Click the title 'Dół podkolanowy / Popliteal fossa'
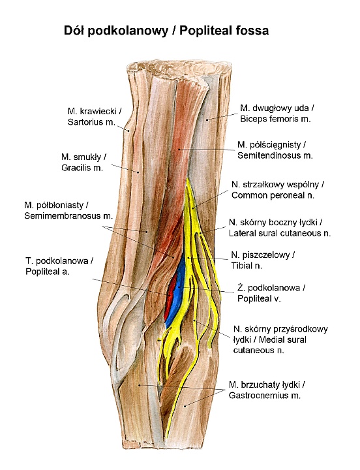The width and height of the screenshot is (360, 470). click(x=166, y=31)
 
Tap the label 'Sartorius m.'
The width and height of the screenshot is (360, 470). click(x=91, y=122)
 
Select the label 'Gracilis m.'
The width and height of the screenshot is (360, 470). click(x=82, y=168)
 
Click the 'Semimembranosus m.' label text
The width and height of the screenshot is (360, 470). click(x=68, y=216)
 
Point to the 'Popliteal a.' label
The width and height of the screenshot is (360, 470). click(x=48, y=272)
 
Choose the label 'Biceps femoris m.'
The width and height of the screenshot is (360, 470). click(x=275, y=119)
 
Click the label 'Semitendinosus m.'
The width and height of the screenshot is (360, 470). click(x=275, y=156)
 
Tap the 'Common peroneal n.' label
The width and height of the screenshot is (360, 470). click(x=273, y=195)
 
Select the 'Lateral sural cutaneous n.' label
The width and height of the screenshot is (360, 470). click(x=280, y=233)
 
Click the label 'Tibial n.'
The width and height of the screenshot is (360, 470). click(x=247, y=266)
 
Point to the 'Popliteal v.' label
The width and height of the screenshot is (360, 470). click(x=259, y=299)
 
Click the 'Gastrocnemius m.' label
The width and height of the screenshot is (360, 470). click(x=265, y=396)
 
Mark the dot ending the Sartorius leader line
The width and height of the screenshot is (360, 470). click(x=128, y=131)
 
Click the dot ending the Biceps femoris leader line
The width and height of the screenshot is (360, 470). click(x=207, y=119)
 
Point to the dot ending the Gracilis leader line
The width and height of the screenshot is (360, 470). click(x=138, y=172)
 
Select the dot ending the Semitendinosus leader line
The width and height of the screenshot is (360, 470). click(x=179, y=149)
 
